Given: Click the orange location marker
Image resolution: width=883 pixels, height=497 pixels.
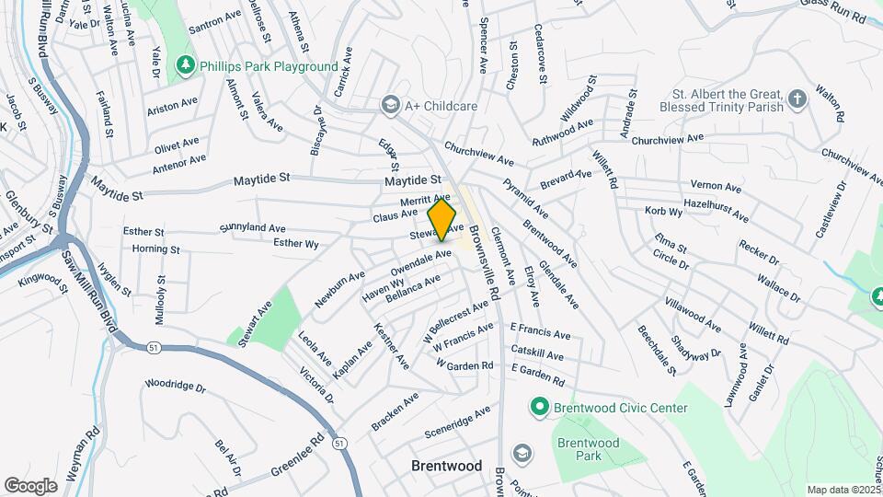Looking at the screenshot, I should click(442, 218).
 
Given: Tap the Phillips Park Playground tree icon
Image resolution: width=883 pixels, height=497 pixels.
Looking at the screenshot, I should click(187, 66).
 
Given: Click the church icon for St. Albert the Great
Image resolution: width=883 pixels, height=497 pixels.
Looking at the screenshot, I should click(797, 96).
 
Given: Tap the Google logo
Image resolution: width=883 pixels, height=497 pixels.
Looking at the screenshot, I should click(30, 486).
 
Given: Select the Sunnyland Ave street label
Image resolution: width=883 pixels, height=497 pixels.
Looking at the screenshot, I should click(252, 226).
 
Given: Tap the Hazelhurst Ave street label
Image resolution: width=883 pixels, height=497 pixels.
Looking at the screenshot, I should click(717, 210).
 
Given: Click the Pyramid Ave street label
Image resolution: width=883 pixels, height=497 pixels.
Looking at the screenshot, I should click(526, 200).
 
